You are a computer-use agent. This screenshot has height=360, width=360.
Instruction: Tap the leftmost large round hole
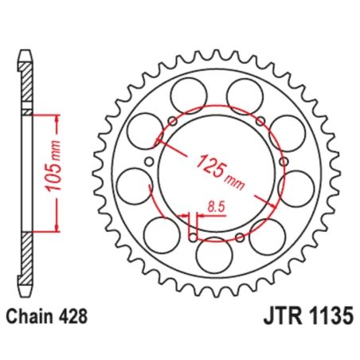point(131,187)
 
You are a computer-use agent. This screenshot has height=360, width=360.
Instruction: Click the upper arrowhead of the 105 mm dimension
point(58,116)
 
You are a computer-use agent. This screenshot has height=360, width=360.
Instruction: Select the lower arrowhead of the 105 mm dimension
point(58,229)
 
